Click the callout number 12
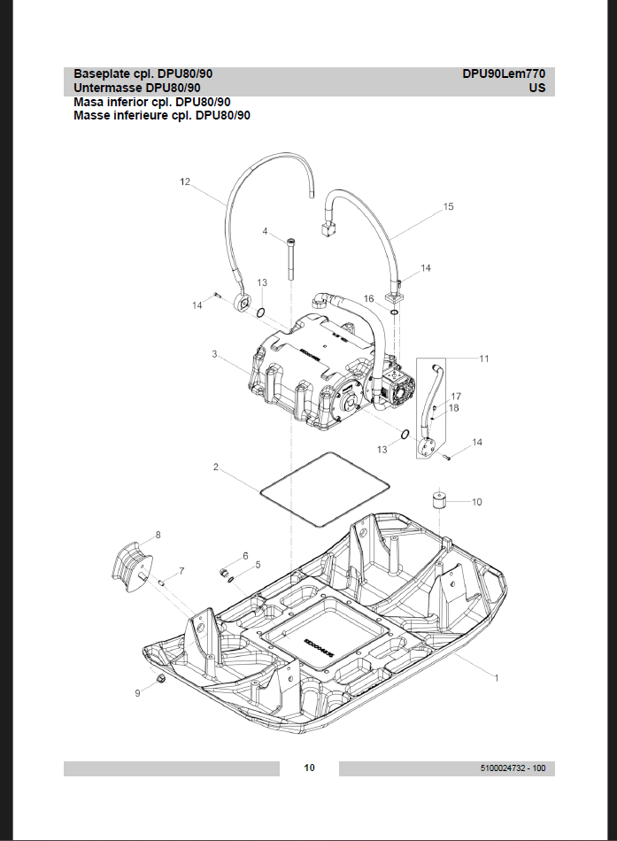pyautogui.click(x=185, y=181)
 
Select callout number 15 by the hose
pyautogui.click(x=448, y=206)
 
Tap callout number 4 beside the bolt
pyautogui.click(x=265, y=231)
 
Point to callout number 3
pyautogui.click(x=214, y=354)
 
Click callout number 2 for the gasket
pyautogui.click(x=215, y=466)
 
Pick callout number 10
pyautogui.click(x=476, y=502)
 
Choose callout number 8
pyautogui.click(x=158, y=535)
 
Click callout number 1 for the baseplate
pyautogui.click(x=497, y=678)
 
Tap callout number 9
pyautogui.click(x=137, y=693)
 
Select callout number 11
pyautogui.click(x=484, y=359)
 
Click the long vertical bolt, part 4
pyautogui.click(x=290, y=258)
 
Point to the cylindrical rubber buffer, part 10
pyautogui.click(x=437, y=500)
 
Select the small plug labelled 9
pyautogui.click(x=161, y=679)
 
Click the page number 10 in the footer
pyautogui.click(x=309, y=768)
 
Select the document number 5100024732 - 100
pyautogui.click(x=512, y=768)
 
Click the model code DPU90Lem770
pyautogui.click(x=503, y=74)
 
